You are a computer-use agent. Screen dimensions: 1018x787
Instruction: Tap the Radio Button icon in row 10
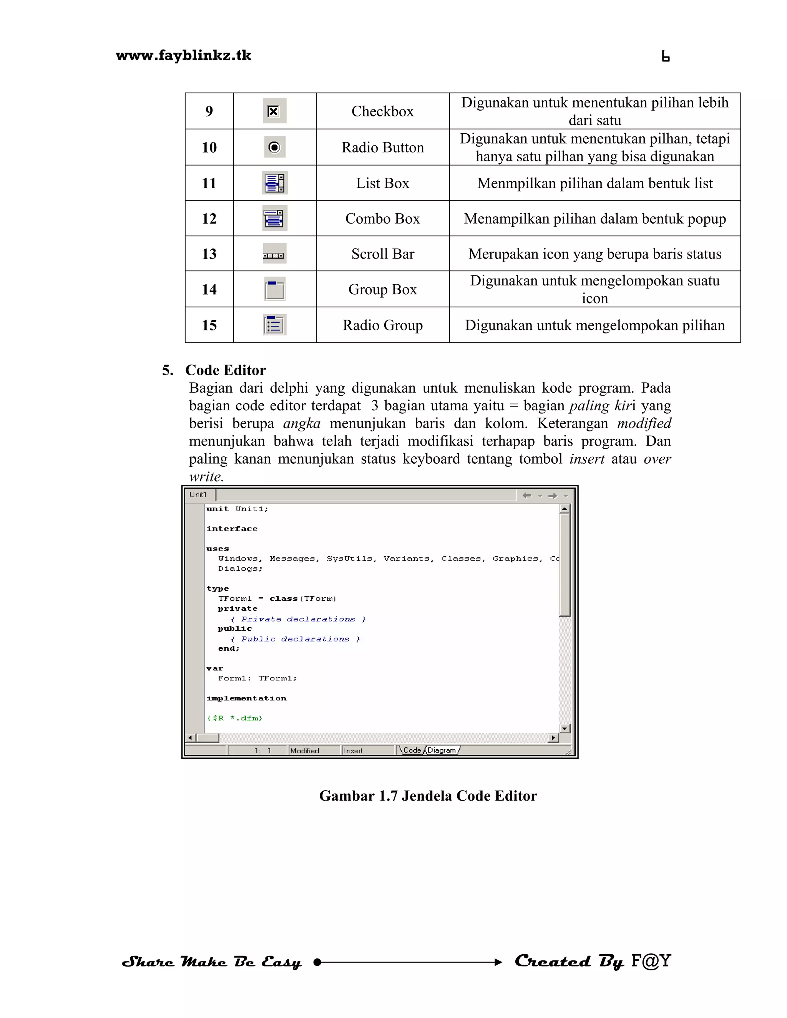[x=275, y=147]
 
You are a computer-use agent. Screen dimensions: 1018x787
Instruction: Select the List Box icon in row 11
[x=275, y=183]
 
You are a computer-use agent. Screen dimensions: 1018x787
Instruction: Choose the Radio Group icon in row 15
[x=275, y=325]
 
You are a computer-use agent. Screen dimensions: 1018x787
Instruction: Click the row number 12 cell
[x=209, y=219]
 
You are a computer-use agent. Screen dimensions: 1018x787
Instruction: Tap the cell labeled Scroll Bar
[x=382, y=254]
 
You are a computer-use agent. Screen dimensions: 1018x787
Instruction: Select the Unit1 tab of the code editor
[x=198, y=494]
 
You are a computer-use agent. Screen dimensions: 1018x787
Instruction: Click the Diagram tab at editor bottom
[x=441, y=750]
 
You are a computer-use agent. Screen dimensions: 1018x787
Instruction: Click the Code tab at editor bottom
[x=412, y=750]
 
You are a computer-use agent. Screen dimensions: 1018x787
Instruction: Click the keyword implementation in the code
[x=246, y=698]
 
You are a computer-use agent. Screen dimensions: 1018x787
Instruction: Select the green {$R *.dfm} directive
[x=234, y=718]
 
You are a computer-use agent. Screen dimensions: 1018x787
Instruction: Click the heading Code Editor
[x=225, y=370]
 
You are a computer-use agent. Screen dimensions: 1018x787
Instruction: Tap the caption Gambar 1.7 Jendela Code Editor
[x=428, y=796]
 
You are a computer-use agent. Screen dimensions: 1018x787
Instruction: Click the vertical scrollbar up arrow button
[x=565, y=509]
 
